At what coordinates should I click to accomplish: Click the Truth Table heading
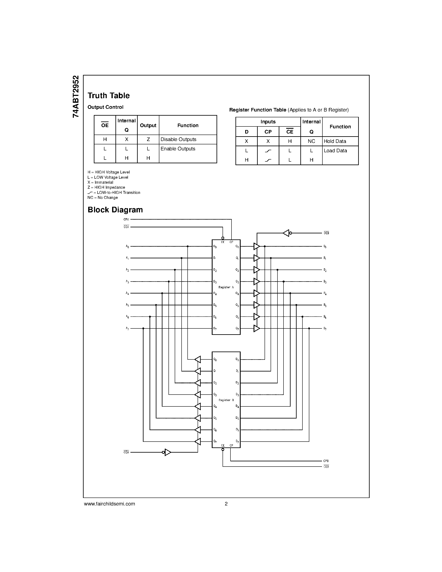108,96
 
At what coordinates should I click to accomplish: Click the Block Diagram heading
115,210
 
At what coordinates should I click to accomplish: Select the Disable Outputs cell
178,139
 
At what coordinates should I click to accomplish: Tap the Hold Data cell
335,141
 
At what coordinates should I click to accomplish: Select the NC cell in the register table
311,141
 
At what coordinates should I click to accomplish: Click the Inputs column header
268,122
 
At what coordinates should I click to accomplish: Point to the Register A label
226,287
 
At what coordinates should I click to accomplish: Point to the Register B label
226,400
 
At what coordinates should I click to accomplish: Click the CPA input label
126,219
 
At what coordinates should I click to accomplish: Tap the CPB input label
326,461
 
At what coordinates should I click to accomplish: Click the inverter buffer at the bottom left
167,452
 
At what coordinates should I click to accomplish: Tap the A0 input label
127,246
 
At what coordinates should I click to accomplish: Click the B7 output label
325,328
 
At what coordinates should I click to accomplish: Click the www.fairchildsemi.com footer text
109,504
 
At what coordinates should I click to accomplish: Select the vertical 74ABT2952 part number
76,96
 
